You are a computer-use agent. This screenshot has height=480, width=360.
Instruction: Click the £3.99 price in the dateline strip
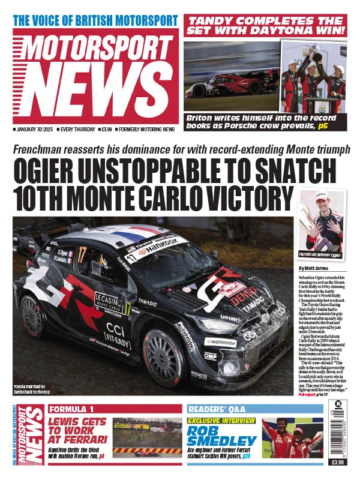coord(107,129)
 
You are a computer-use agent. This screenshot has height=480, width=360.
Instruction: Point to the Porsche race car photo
coord(231,78)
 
